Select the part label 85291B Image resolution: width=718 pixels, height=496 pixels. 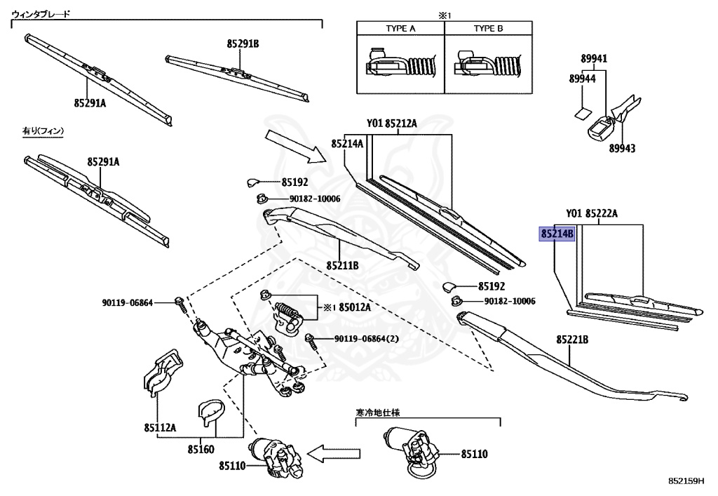(x=243, y=43)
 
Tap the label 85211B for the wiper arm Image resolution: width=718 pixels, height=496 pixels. (x=342, y=266)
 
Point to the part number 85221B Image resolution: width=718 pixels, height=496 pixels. (x=572, y=340)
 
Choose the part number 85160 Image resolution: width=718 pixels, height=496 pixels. (x=201, y=449)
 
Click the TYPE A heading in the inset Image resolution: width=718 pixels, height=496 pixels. (x=400, y=28)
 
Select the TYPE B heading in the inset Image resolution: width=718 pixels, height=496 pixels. (x=488, y=28)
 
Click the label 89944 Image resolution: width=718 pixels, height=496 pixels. (x=583, y=79)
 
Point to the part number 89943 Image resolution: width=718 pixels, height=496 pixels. (x=623, y=148)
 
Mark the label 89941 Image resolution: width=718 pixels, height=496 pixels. (x=594, y=59)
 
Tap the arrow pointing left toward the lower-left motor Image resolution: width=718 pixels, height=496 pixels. (x=332, y=454)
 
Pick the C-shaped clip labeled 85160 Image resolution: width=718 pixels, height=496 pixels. (x=209, y=413)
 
